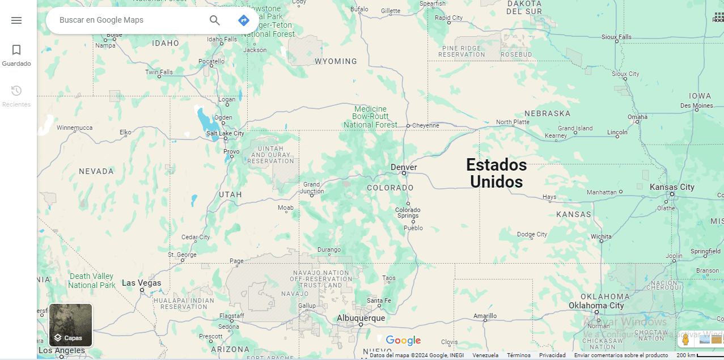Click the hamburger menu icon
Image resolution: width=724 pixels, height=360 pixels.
(16, 20)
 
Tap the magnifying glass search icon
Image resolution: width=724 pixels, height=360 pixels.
(215, 20)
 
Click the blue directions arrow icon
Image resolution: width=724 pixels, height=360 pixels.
(244, 20)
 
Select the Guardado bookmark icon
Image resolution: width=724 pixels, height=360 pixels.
(16, 50)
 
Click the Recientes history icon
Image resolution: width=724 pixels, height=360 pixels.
(16, 91)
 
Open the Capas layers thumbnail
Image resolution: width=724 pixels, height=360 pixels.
(70, 325)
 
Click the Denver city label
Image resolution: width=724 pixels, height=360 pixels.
(404, 167)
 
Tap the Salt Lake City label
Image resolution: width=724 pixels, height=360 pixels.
(225, 133)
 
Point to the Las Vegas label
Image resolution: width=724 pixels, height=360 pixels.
(142, 283)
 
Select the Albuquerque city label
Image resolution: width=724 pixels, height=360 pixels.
(361, 318)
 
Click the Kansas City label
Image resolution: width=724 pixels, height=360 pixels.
(672, 187)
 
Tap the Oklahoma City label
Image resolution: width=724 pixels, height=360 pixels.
(596, 306)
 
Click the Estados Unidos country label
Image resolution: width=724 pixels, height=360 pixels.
(497, 173)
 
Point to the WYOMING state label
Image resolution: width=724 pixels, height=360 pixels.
(336, 61)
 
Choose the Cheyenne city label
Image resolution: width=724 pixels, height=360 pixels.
(425, 125)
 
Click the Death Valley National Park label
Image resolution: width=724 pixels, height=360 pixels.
(92, 281)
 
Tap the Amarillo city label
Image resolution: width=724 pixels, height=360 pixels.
(485, 316)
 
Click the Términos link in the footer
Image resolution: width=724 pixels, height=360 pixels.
(519, 355)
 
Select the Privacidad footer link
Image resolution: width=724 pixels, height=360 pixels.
(552, 355)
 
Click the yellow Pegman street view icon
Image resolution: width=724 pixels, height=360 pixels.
(685, 340)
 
